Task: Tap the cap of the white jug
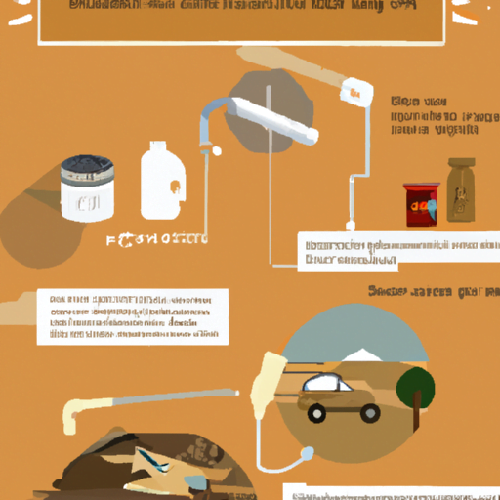point(153,146)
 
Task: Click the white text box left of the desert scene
point(133,315)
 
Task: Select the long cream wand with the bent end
point(146,400)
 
